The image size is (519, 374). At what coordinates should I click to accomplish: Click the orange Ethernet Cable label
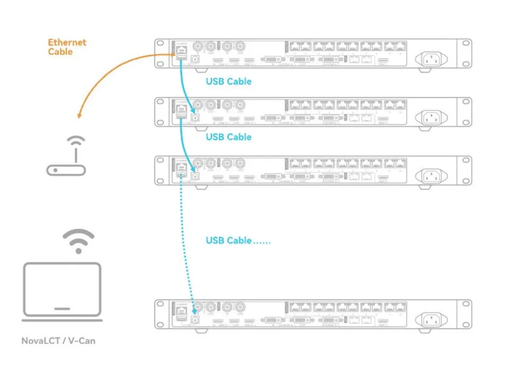pos(67,47)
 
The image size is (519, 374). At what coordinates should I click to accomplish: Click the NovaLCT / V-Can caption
pos(58,341)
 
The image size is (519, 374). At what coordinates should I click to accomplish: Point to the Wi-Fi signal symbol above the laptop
pos(79,240)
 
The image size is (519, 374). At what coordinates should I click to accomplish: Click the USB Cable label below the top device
pos(229,81)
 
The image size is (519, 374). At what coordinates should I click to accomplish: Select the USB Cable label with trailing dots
pos(238,240)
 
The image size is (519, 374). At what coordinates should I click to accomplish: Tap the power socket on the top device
pos(430,59)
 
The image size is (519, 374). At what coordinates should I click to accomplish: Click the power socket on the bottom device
pos(430,320)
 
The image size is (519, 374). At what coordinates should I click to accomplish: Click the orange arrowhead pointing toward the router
pos(79,116)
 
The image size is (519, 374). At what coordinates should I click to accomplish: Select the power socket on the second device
pos(430,117)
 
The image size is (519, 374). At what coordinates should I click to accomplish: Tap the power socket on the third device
pos(430,176)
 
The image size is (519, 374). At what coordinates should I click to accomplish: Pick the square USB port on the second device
pos(194,117)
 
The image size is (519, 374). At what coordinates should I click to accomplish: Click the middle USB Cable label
pos(229,137)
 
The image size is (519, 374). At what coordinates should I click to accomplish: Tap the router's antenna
pos(76,153)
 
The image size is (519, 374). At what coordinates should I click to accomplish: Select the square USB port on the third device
pos(194,175)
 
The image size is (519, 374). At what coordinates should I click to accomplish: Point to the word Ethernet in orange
pos(67,43)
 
